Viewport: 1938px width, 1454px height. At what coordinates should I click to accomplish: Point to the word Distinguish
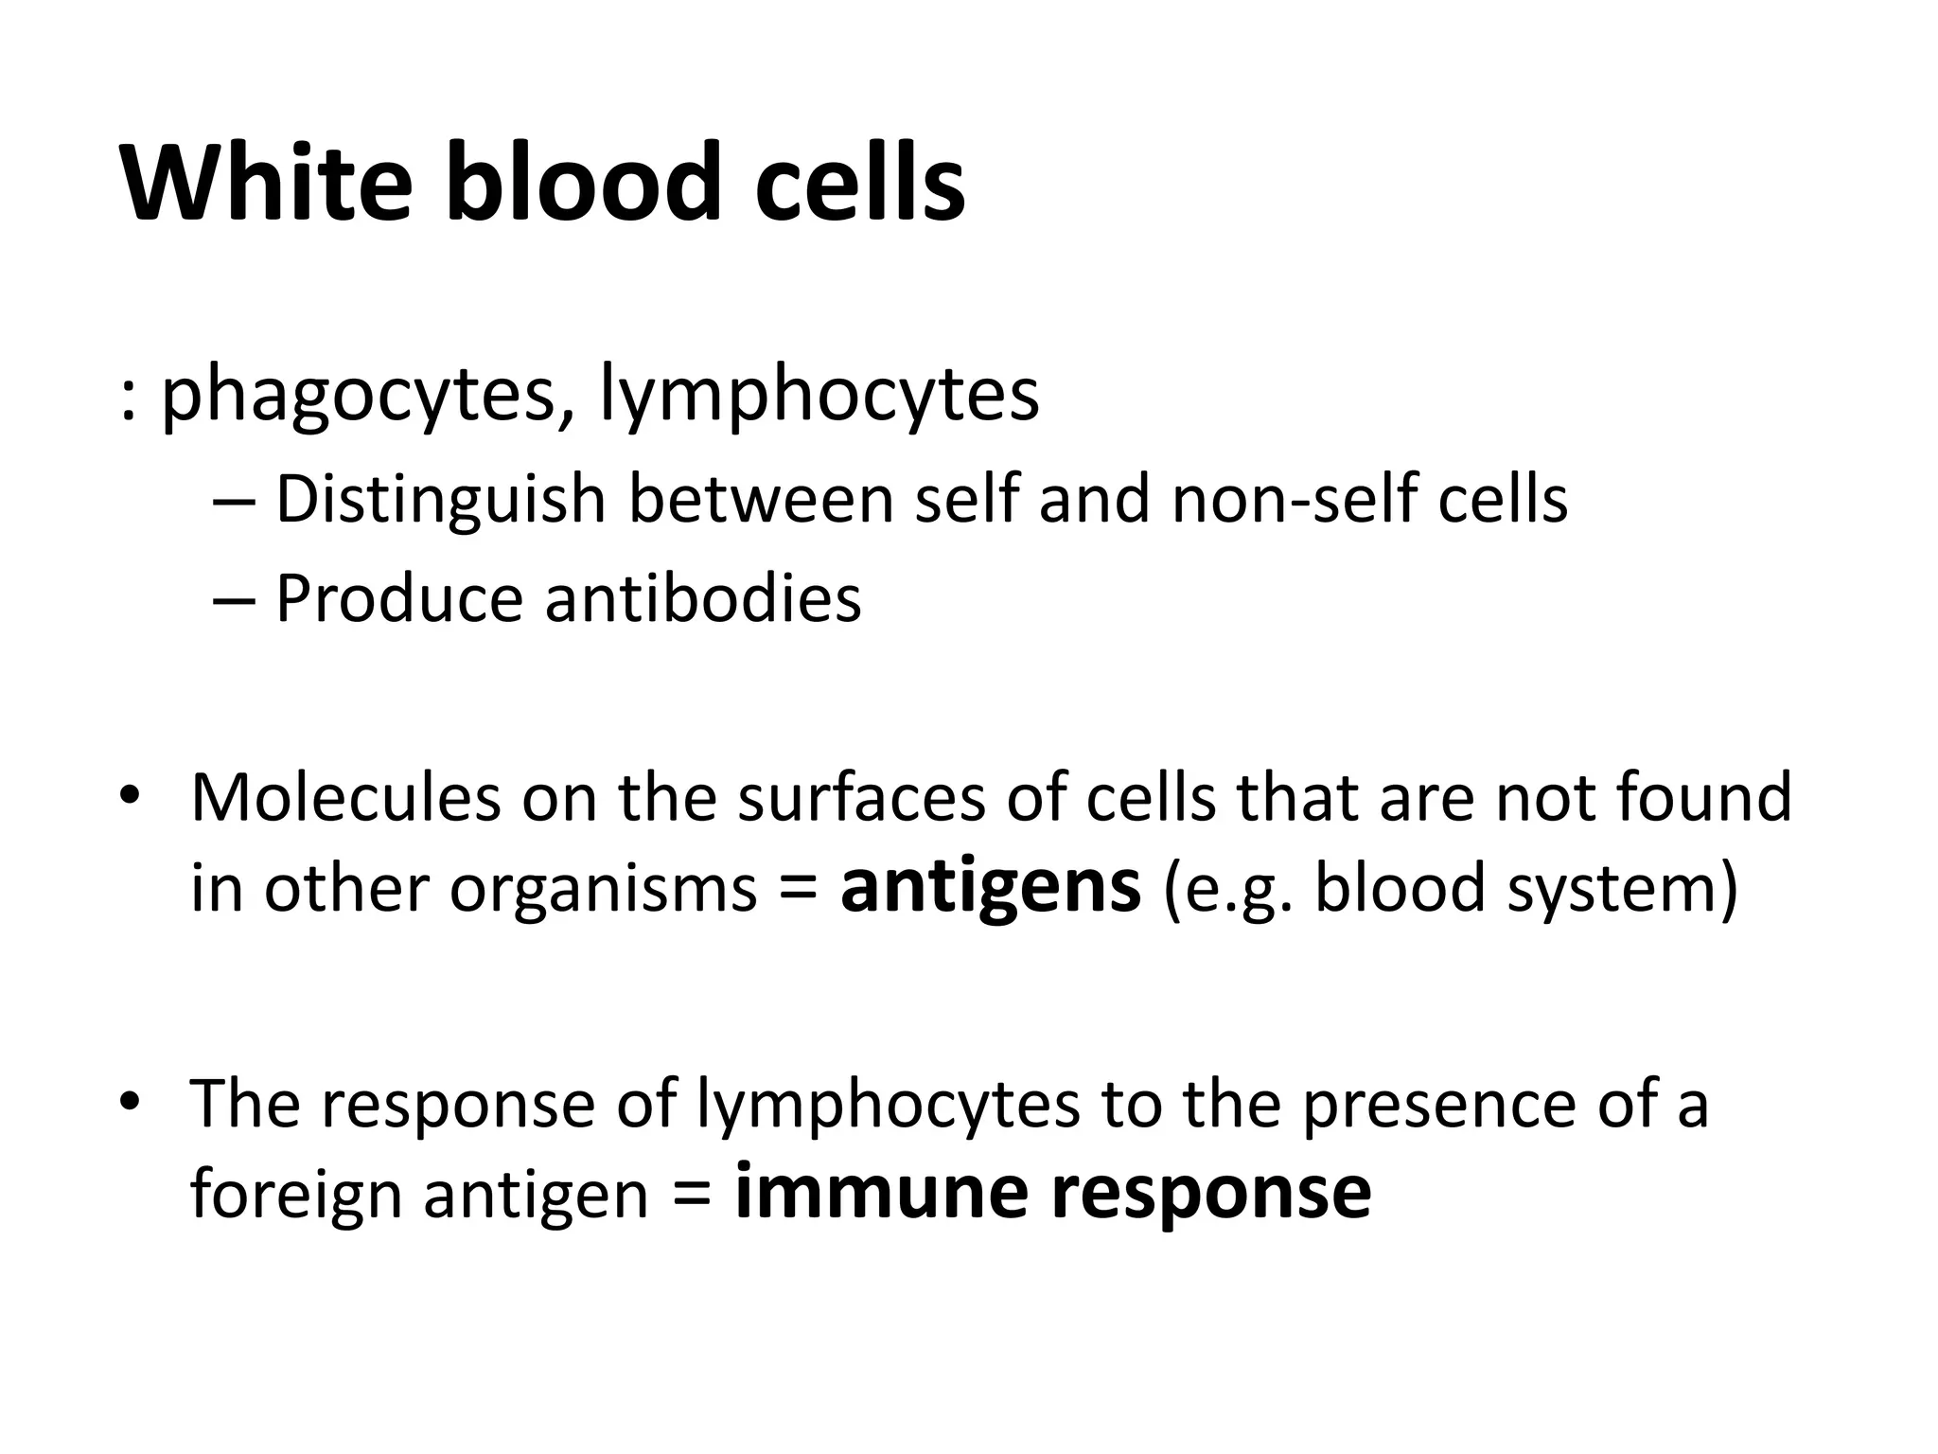point(440,500)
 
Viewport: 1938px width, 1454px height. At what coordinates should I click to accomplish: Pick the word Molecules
point(345,797)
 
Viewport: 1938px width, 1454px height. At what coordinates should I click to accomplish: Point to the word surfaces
point(861,797)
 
